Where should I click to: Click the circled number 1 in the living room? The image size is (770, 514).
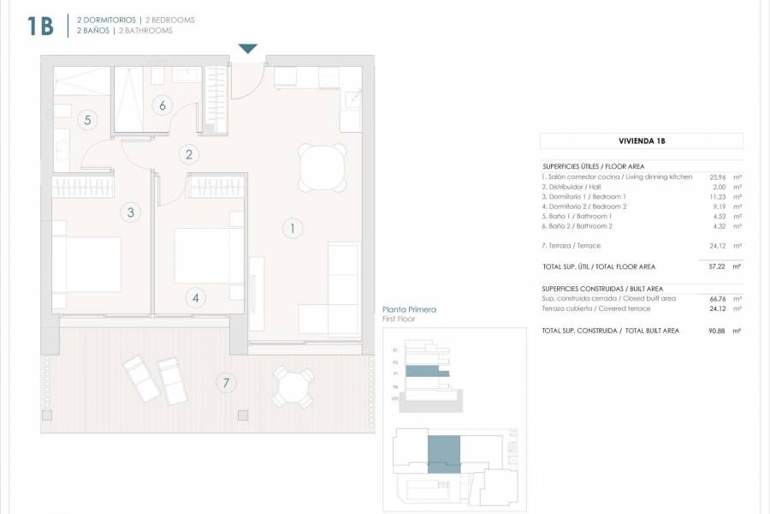point(292,229)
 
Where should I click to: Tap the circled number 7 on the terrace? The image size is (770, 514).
point(226,383)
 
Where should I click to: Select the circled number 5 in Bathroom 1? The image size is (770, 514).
point(87,120)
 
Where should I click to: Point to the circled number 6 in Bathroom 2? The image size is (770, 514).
point(161,105)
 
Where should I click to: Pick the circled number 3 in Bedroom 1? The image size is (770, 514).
point(130,212)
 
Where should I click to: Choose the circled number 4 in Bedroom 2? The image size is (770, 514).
point(196,298)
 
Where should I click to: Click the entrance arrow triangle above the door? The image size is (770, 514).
point(247,49)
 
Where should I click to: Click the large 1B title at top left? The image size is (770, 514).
point(40,26)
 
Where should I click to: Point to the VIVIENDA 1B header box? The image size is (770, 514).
point(642,141)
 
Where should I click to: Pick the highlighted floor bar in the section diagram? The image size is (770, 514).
point(426,372)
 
